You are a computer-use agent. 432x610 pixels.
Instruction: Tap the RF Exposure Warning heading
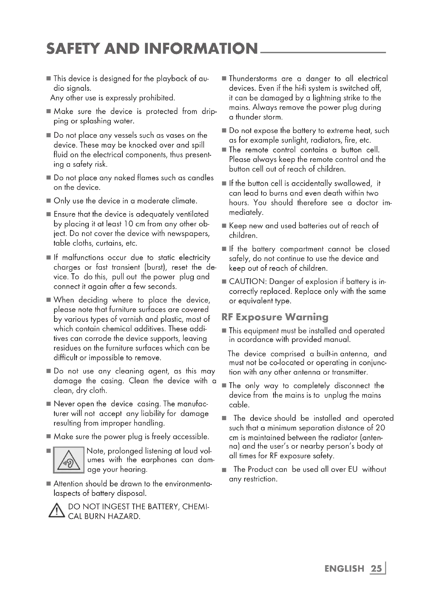(x=275, y=317)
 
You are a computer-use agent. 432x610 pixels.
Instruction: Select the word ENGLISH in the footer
(x=344, y=569)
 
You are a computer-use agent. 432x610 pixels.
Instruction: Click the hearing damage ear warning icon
(x=69, y=460)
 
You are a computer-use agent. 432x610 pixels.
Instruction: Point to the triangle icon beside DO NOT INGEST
(x=56, y=511)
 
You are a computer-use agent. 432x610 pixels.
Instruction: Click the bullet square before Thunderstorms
(x=224, y=79)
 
